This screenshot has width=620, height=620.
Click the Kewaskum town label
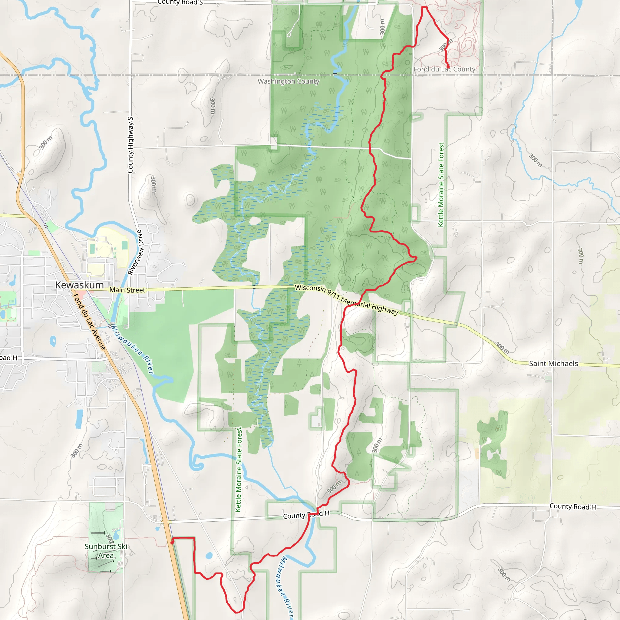pos(79,285)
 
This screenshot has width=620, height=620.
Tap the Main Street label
pos(127,290)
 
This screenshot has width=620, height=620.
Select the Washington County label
pos(288,81)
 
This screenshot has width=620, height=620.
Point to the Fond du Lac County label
pos(444,69)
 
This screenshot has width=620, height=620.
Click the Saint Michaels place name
pos(553,364)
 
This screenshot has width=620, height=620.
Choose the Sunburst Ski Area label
pos(106,551)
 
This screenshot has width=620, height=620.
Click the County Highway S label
pos(130,145)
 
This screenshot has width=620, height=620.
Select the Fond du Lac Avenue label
pos(90,321)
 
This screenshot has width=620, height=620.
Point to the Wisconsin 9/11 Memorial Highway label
pos(347,300)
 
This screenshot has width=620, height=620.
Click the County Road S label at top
pos(180,2)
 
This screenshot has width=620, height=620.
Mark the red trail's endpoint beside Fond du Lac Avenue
pos(172,542)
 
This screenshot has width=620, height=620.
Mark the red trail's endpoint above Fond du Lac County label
pos(448,67)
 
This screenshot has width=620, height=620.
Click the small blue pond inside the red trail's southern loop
pos(209,556)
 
